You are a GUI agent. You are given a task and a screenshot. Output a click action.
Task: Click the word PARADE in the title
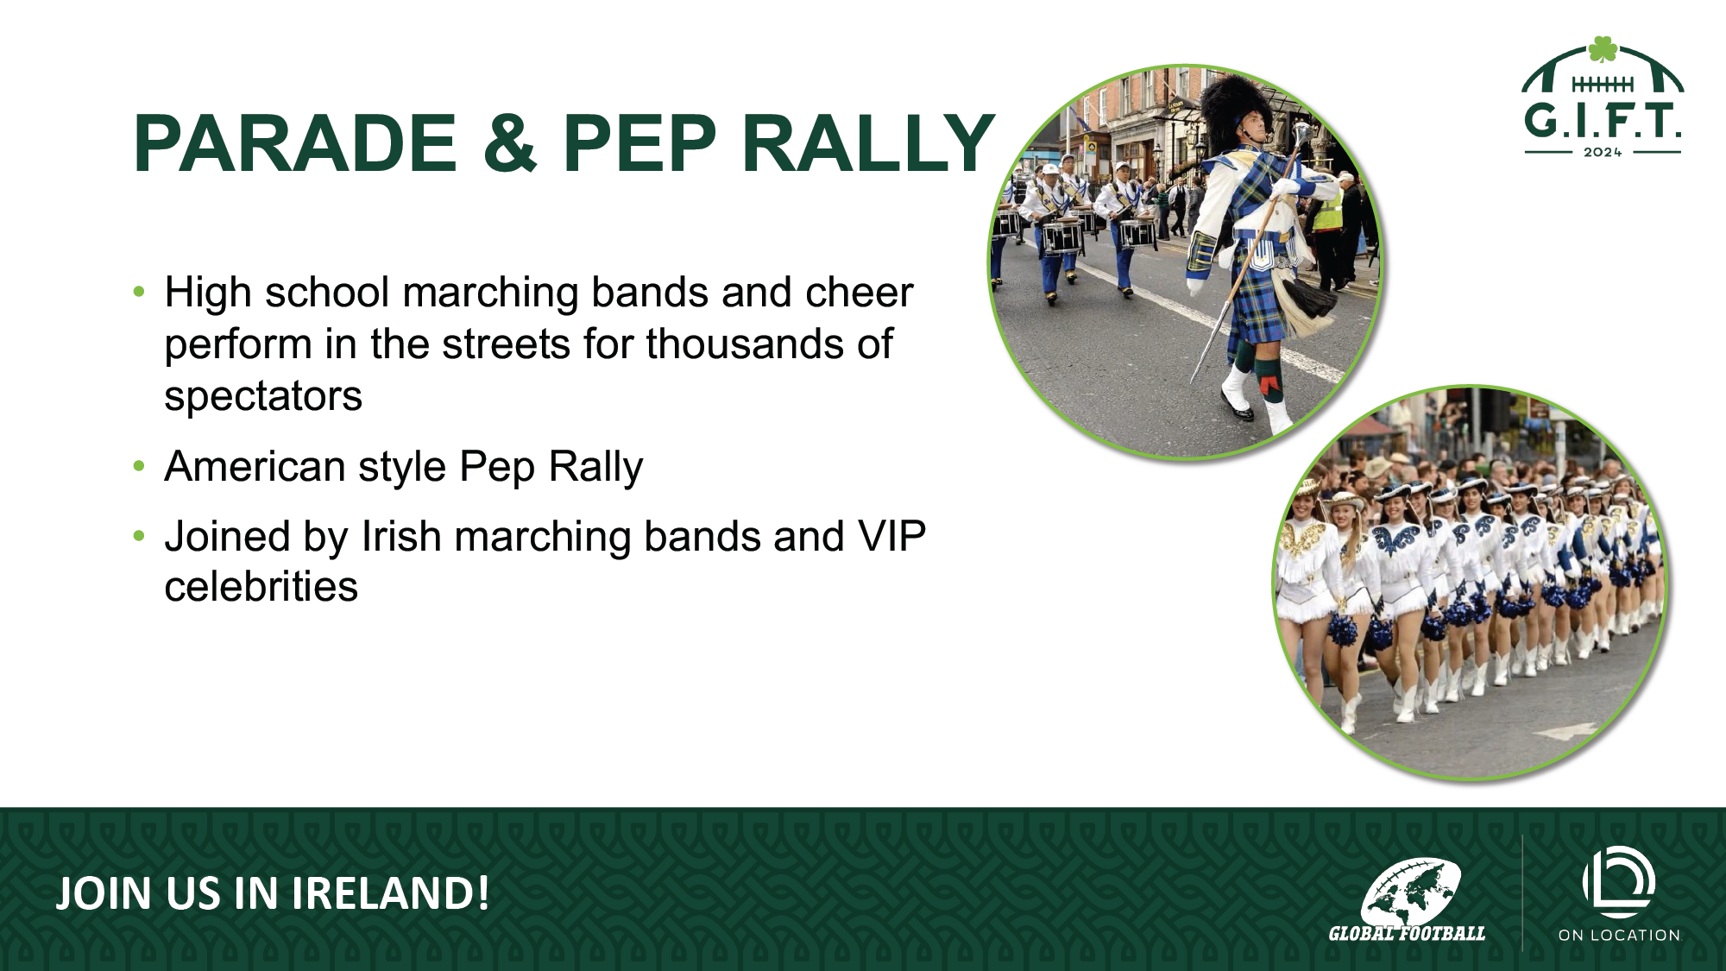295,143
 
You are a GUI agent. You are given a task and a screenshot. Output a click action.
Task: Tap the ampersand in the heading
509,143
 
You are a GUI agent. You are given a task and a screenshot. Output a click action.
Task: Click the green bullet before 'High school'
139,292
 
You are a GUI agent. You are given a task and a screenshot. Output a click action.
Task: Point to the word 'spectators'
263,396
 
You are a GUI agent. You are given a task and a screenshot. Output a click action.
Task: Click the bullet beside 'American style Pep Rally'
139,467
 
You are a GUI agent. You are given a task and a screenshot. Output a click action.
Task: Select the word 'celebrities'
261,587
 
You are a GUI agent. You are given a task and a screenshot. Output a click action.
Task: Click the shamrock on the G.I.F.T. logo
1603,49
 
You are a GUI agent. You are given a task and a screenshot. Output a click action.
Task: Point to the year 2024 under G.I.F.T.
1603,153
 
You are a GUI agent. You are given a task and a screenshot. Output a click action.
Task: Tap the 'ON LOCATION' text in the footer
1619,935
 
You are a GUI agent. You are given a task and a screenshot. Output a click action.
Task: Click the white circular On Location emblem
1619,882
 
